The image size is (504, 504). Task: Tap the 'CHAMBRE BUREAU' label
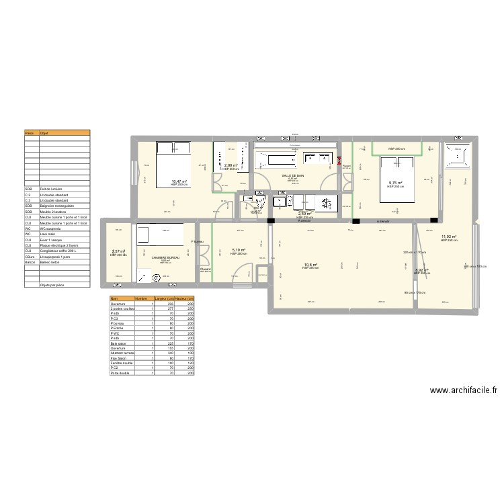click(165, 257)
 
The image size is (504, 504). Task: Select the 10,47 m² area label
click(179, 181)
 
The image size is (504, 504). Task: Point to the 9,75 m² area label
click(396, 183)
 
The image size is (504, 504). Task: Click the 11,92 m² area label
click(449, 237)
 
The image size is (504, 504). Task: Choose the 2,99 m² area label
click(231, 166)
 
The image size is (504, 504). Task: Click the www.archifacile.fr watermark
click(462, 390)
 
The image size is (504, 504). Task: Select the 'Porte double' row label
click(121, 372)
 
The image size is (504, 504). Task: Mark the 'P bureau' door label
click(197, 242)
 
